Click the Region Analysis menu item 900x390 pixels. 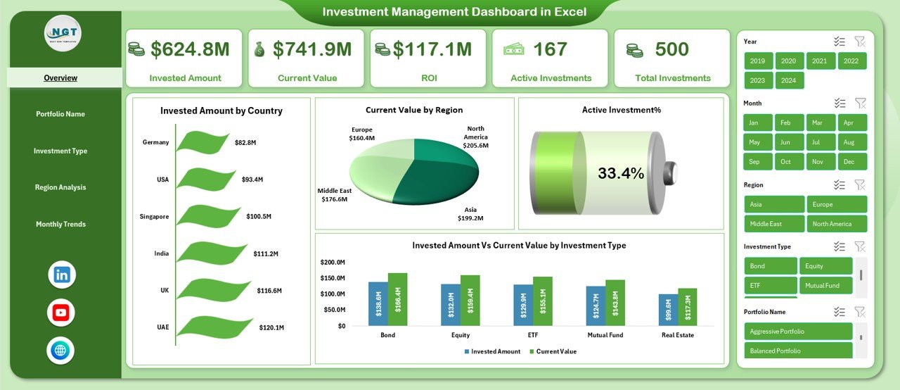pos(60,187)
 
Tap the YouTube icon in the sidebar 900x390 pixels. pos(61,313)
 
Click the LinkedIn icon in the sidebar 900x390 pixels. pos(61,275)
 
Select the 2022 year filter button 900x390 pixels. pos(851,61)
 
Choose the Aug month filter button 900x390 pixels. pos(850,142)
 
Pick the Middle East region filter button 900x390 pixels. pos(773,224)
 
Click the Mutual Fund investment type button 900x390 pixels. pos(825,286)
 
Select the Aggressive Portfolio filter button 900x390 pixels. pos(798,332)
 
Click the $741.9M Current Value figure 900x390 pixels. pos(312,49)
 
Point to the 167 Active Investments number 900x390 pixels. pos(550,49)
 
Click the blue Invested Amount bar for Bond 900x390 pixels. pos(378,303)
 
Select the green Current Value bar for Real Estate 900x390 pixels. pos(687,307)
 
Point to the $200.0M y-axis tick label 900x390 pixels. pos(333,262)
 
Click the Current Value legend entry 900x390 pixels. pos(555,351)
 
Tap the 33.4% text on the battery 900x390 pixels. pos(620,173)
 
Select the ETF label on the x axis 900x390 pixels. pos(533,335)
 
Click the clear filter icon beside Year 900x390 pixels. pos(859,42)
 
